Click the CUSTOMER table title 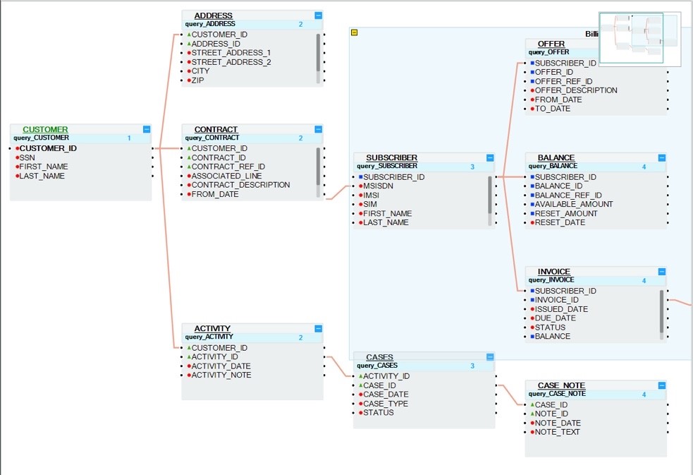45,129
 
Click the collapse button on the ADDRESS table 318,15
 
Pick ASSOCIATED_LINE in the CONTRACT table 226,176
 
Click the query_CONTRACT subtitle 211,138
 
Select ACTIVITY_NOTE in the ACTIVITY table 221,375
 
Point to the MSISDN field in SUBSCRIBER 377,186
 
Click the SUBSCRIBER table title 391,157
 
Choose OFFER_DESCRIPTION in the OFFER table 576,90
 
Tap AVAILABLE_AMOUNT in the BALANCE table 574,204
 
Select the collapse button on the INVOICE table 661,272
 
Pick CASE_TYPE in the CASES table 386,404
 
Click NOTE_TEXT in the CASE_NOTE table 557,432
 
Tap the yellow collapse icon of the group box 355,32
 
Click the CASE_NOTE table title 561,385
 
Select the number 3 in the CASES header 473,366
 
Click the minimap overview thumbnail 639,39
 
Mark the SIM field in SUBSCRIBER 370,204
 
